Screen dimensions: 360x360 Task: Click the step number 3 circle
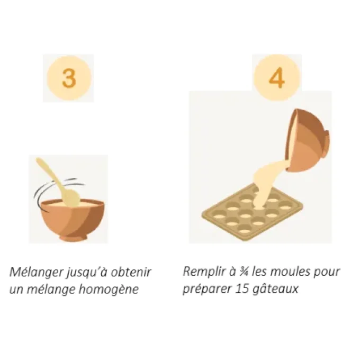[68, 78]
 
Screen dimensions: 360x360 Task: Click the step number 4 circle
[276, 78]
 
